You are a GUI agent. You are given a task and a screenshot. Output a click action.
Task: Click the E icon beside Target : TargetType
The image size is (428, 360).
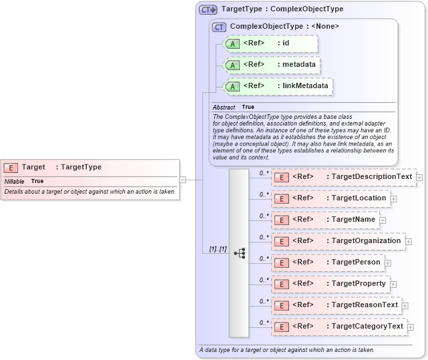tap(11, 168)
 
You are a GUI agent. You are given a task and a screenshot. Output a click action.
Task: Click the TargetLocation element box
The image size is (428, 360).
tap(331, 198)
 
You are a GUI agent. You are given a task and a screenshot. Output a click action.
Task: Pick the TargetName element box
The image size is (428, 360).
tap(325, 220)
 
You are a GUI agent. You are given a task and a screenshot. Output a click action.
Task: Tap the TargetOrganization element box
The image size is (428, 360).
tap(338, 241)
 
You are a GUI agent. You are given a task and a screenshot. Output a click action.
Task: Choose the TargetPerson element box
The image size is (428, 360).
tap(328, 262)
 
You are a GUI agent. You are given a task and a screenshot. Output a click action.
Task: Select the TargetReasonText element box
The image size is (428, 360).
tap(337, 305)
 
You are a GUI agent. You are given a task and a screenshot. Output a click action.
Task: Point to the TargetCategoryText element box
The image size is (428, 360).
tap(339, 327)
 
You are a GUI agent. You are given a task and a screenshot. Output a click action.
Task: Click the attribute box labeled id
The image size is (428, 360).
tap(270, 44)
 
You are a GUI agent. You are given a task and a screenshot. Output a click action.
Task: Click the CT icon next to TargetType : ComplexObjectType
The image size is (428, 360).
tap(208, 10)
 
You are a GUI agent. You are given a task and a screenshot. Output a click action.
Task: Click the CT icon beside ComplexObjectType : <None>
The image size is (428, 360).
tap(219, 27)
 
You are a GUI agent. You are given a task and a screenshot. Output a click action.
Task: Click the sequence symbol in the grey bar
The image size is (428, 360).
tap(239, 253)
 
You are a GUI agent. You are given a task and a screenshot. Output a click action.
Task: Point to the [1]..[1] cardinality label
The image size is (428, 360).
tap(218, 249)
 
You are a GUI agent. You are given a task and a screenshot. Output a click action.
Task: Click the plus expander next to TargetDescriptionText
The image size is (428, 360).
tap(419, 177)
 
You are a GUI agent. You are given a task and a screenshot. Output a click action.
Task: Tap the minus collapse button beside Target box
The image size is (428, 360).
tap(182, 179)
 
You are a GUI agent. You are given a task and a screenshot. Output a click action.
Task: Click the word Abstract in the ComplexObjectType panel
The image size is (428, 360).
tap(224, 108)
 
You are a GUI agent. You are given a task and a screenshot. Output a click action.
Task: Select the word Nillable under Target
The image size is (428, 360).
tap(14, 182)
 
